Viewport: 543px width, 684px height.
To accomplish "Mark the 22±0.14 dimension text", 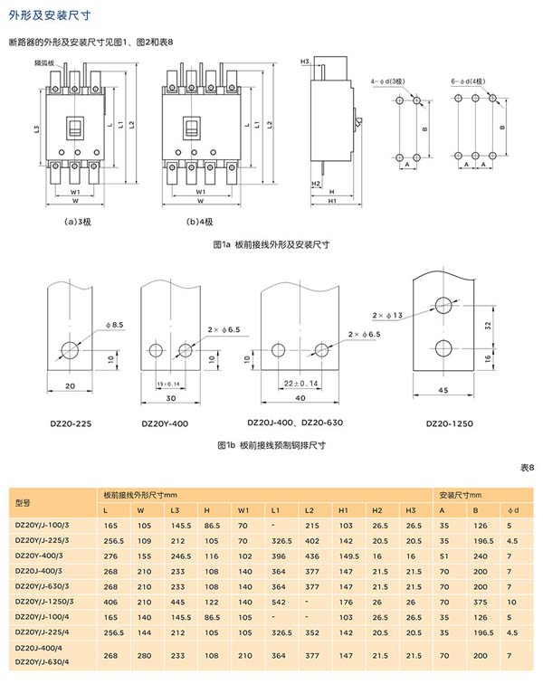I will (295, 385).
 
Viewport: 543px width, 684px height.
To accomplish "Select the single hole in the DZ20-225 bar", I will (70, 348).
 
